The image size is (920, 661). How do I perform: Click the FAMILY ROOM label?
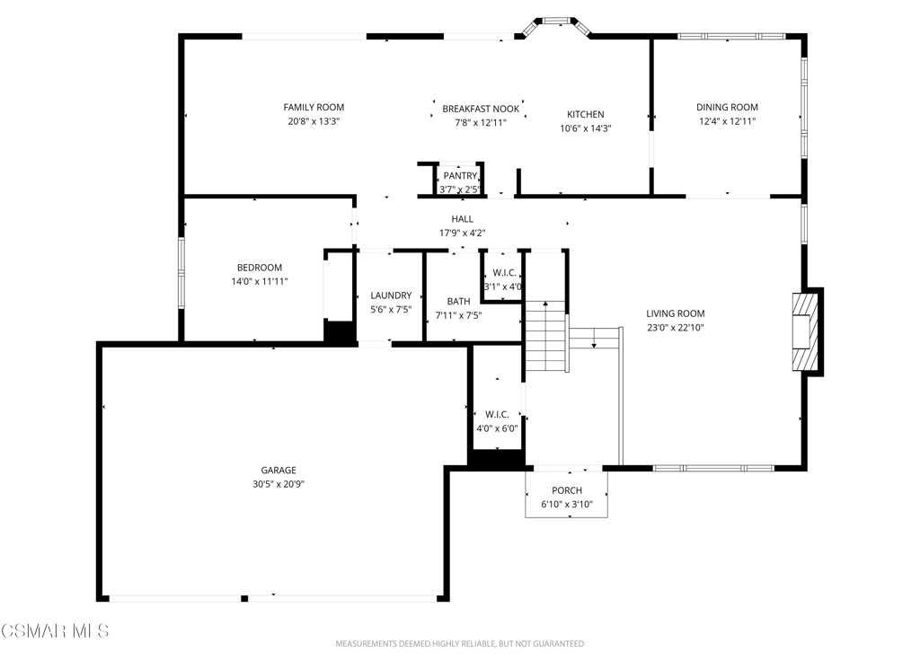[x=314, y=108]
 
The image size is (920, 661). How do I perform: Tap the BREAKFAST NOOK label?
[x=481, y=109]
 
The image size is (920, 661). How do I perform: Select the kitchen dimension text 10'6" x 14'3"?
[x=586, y=128]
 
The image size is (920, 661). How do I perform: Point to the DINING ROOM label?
[x=727, y=108]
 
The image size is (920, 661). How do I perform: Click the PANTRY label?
[x=461, y=176]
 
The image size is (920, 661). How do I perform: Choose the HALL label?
[x=463, y=219]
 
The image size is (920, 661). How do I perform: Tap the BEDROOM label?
[x=260, y=268]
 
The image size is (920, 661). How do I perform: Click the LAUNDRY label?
[x=391, y=295]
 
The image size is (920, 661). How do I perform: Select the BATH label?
[x=458, y=302]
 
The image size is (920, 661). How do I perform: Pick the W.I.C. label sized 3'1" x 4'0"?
[x=505, y=273]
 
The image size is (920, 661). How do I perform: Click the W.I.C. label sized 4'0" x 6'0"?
[x=497, y=415]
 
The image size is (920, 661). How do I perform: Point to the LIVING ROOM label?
[x=676, y=313]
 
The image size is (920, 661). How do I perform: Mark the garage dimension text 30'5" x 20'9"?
[x=279, y=484]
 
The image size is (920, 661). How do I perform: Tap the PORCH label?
[x=567, y=490]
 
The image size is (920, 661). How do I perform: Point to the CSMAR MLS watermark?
[x=55, y=631]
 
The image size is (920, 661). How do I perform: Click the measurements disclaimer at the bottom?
[x=459, y=644]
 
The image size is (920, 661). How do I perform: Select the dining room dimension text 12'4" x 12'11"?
[x=727, y=121]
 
